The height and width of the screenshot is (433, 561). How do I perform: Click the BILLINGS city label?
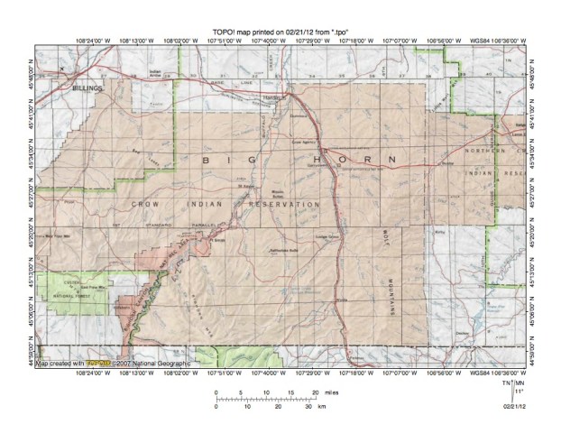(88, 90)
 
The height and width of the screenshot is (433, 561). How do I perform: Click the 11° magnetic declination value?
(518, 392)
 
